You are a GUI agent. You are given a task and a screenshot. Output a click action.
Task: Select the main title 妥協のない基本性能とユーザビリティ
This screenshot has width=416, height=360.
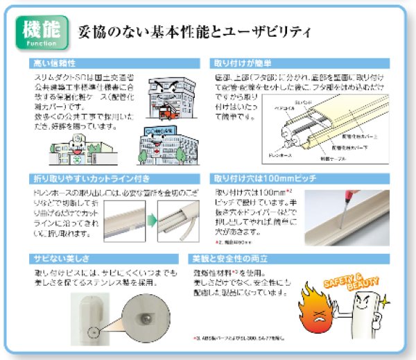(194, 32)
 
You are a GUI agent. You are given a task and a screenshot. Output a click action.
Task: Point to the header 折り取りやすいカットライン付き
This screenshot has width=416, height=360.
(87, 177)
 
